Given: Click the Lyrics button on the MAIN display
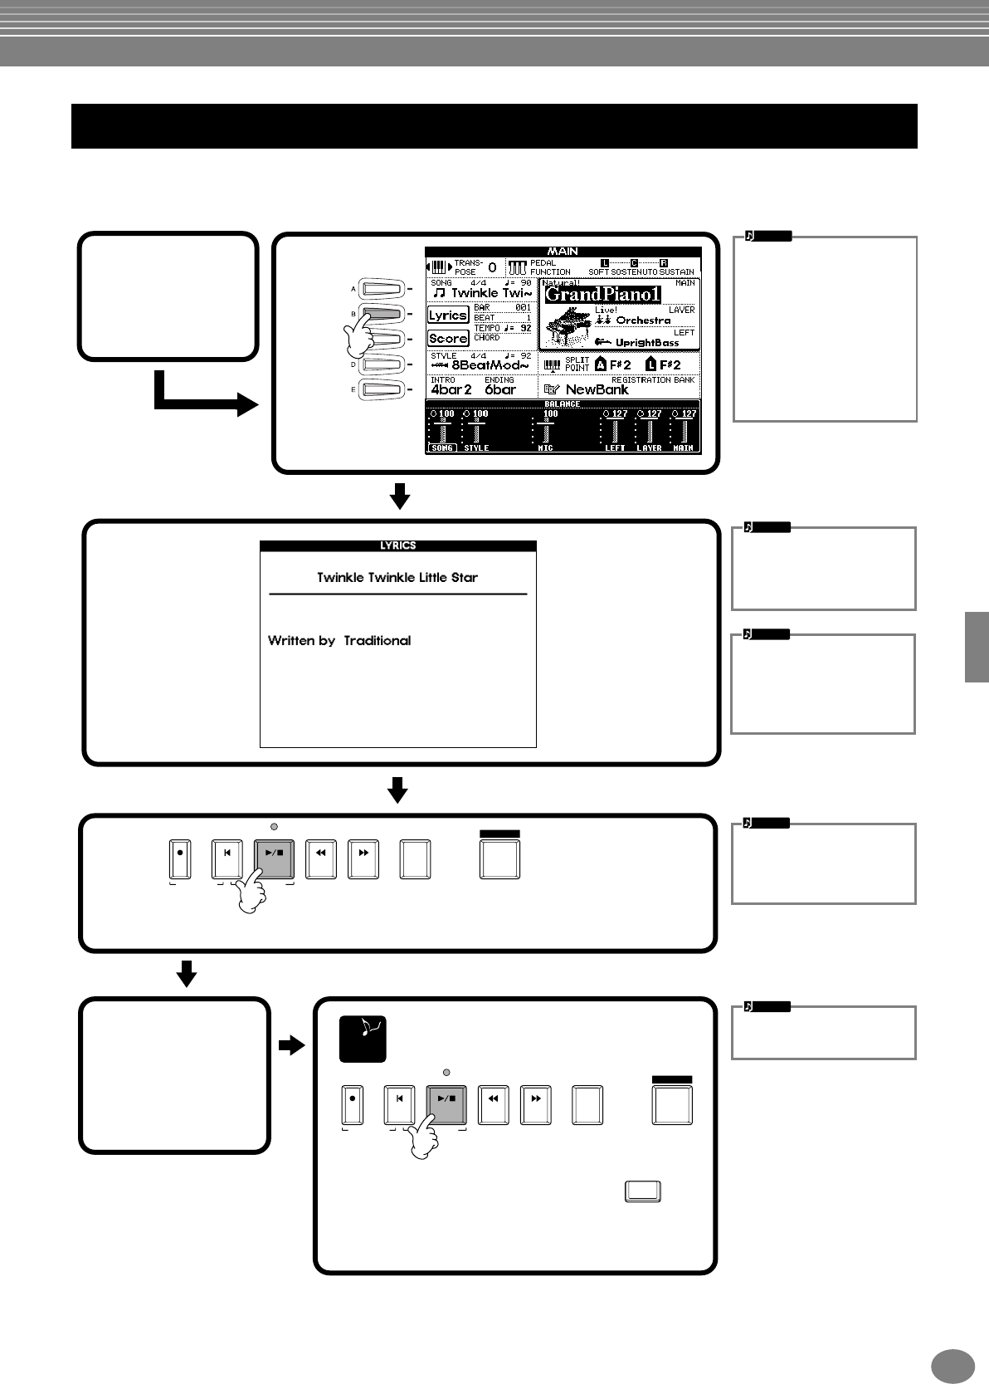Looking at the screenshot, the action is pyautogui.click(x=448, y=315).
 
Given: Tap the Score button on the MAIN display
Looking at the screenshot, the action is pyautogui.click(x=448, y=339).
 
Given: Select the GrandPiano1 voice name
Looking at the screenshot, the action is pyautogui.click(x=602, y=294).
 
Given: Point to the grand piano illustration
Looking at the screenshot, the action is pyautogui.click(x=566, y=325).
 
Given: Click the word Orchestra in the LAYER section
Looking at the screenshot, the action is pyautogui.click(x=643, y=320).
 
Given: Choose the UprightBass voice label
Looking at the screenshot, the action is pyautogui.click(x=647, y=343).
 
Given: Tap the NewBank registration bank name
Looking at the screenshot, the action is pyautogui.click(x=597, y=389).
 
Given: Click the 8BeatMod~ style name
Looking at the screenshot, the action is pyautogui.click(x=490, y=365).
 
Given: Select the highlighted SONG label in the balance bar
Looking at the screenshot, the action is pyautogui.click(x=442, y=448).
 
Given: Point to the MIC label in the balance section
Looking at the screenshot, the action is pyautogui.click(x=546, y=448).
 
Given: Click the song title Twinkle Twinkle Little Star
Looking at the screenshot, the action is pyautogui.click(x=397, y=578).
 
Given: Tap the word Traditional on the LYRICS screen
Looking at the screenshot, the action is pyautogui.click(x=378, y=641).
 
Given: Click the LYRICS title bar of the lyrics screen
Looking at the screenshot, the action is pyautogui.click(x=397, y=546).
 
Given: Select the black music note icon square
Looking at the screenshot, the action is pyautogui.click(x=363, y=1039).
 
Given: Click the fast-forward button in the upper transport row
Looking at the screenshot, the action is pyautogui.click(x=363, y=859).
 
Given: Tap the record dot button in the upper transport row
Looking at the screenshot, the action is pyautogui.click(x=180, y=859).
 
